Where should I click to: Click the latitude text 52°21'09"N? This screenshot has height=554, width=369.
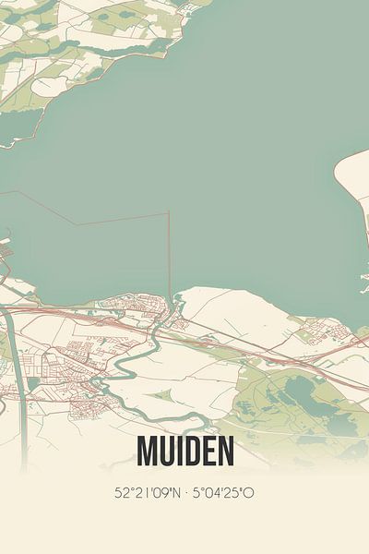(149, 492)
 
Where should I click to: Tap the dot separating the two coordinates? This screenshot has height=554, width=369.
(187, 492)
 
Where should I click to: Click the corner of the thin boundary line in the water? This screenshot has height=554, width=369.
(169, 213)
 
